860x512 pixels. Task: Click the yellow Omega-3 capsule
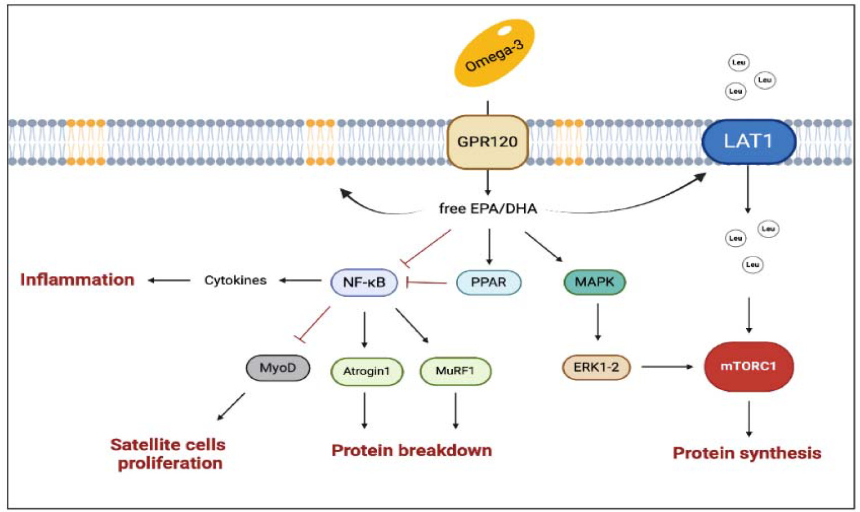pos(494,54)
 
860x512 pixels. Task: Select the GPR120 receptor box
pos(487,142)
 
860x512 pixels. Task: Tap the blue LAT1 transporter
pos(748,141)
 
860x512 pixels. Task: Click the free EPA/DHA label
pos(488,209)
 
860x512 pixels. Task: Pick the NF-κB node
pos(364,282)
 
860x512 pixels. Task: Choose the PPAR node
pos(489,282)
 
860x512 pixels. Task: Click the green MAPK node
pos(595,282)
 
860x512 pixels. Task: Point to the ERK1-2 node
pos(596,368)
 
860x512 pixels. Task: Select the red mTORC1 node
pos(748,367)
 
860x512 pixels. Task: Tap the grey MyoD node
pos(278,368)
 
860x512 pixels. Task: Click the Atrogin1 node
pos(367,371)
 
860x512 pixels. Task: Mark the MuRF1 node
pos(455,371)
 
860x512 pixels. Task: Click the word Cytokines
pos(235,280)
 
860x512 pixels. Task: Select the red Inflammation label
pos(77,280)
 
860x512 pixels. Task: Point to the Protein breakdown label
pos(411,451)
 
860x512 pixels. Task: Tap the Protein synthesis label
pos(747,453)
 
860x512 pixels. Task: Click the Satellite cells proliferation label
pos(169,454)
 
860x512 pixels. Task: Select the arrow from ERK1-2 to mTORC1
pos(667,367)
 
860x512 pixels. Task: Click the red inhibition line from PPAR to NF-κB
pos(427,282)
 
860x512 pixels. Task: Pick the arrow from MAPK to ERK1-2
pos(597,321)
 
